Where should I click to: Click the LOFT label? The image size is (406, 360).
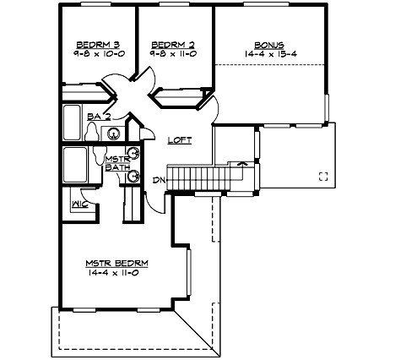(x=179, y=140)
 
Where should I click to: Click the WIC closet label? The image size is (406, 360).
(x=79, y=204)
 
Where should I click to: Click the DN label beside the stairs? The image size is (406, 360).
(x=158, y=179)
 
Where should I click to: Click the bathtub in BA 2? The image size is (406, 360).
(x=73, y=123)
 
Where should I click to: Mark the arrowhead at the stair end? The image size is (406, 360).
(x=243, y=162)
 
